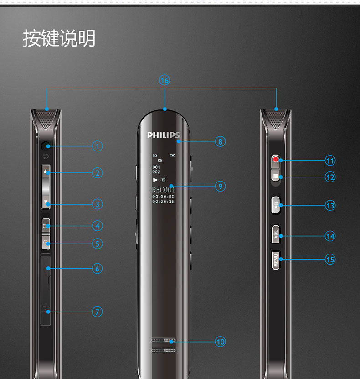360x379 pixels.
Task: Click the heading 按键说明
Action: pyautogui.click(x=59, y=39)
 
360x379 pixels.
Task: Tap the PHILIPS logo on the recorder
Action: pyautogui.click(x=163, y=135)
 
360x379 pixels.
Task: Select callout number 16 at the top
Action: pyautogui.click(x=165, y=80)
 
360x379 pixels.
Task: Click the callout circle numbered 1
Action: pyautogui.click(x=97, y=146)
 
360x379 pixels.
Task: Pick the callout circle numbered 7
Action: pyautogui.click(x=97, y=312)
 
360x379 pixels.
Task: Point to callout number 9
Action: pyautogui.click(x=220, y=186)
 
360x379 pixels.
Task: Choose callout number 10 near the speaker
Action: pyautogui.click(x=220, y=342)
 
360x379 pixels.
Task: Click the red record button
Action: pyautogui.click(x=276, y=160)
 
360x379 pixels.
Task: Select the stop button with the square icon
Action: pyautogui.click(x=276, y=176)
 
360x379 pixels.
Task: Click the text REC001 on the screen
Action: pyautogui.click(x=163, y=190)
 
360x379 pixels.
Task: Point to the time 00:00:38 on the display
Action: pyautogui.click(x=163, y=202)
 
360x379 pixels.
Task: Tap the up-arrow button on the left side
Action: pyautogui.click(x=46, y=173)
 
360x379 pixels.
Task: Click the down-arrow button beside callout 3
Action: pyautogui.click(x=46, y=203)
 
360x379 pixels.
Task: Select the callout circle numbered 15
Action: pyautogui.click(x=330, y=259)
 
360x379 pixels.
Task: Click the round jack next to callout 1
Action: pyautogui.click(x=46, y=146)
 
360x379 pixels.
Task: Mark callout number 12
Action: pyautogui.click(x=330, y=177)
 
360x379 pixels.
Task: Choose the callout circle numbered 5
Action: pyautogui.click(x=97, y=244)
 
